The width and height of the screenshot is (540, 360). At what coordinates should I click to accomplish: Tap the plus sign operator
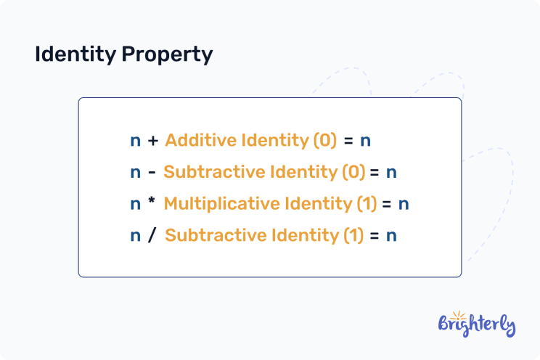point(152,141)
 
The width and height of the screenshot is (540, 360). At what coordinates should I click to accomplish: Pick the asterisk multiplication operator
point(152,202)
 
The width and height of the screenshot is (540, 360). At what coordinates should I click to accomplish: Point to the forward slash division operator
point(152,236)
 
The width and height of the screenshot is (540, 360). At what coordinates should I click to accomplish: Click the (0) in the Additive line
point(324,141)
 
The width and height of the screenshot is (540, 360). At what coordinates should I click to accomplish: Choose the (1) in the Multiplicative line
point(367,204)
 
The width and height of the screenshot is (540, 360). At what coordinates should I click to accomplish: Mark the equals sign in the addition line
point(348,141)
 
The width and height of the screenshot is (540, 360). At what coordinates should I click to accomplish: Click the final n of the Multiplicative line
point(404,205)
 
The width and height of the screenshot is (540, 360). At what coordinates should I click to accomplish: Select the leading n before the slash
point(136,237)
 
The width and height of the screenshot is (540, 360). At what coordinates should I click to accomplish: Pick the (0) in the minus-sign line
point(353,173)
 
